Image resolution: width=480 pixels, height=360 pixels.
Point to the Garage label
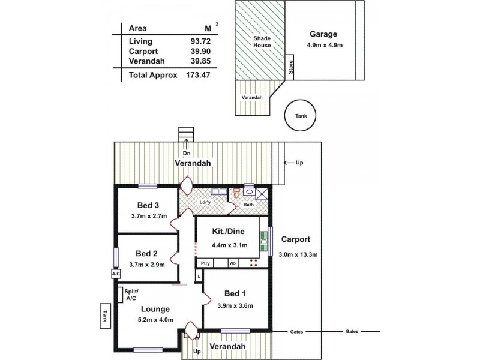pos(323,34)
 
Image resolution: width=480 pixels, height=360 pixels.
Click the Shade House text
pos(261,41)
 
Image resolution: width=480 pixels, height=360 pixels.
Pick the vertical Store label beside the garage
pos(290,66)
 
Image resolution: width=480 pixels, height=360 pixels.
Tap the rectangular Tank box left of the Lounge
pos(104,316)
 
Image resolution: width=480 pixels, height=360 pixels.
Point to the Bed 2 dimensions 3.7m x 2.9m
pos(148,264)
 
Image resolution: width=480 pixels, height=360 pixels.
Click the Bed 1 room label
pos(235,293)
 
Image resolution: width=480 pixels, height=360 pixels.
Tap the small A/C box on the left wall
pos(115,274)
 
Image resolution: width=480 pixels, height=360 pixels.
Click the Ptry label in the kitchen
pos(205,263)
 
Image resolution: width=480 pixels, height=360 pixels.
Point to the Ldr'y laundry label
pos(205,202)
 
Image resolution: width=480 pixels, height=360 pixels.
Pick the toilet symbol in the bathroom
pos(237,193)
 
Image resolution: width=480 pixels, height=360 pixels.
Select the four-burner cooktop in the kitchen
pos(253,263)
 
